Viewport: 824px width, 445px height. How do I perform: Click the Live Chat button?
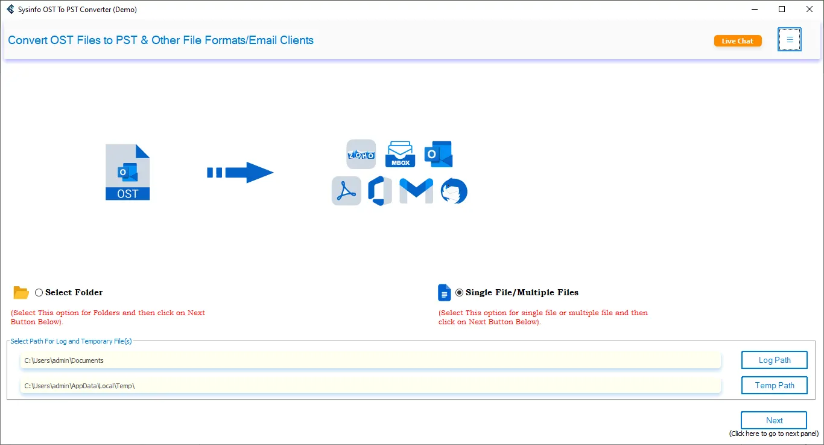(737, 41)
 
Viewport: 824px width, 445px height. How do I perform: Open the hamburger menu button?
(789, 40)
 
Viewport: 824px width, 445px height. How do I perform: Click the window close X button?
(810, 9)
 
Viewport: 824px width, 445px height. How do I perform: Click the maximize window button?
(782, 9)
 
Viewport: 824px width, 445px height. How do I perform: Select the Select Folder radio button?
(39, 293)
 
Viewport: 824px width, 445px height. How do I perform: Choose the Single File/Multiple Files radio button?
(460, 293)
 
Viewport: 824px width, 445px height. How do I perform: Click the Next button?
(774, 420)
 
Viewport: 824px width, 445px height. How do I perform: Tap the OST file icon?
(127, 172)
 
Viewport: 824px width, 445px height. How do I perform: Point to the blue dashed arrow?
(240, 173)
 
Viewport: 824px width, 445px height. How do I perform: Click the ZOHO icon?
(361, 155)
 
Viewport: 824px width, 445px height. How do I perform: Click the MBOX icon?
(400, 155)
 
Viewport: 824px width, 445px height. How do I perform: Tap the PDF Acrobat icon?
(346, 191)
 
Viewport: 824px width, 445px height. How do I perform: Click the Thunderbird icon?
(454, 191)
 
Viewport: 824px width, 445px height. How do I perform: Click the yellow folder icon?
(21, 293)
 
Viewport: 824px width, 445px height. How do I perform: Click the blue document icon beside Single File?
(444, 293)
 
